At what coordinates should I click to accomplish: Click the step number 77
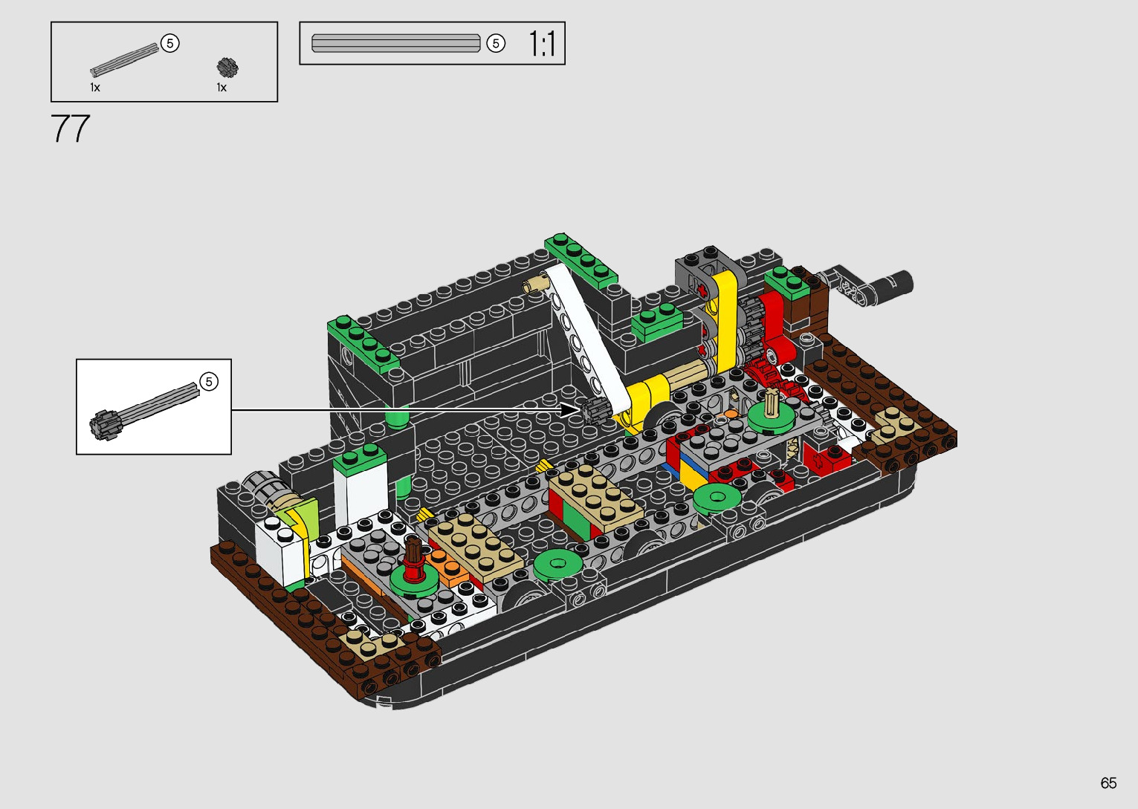(x=70, y=129)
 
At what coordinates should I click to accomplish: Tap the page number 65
(x=1108, y=782)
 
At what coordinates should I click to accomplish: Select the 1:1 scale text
(x=542, y=43)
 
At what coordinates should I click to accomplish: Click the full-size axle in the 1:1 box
(x=395, y=43)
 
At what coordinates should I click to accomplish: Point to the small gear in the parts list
(x=227, y=68)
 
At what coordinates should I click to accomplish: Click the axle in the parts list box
(x=124, y=60)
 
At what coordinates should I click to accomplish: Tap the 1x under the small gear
(x=222, y=88)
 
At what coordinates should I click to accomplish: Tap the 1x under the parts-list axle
(x=95, y=88)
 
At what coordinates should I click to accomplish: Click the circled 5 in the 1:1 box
(x=496, y=43)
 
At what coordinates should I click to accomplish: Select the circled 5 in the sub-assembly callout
(x=209, y=381)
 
